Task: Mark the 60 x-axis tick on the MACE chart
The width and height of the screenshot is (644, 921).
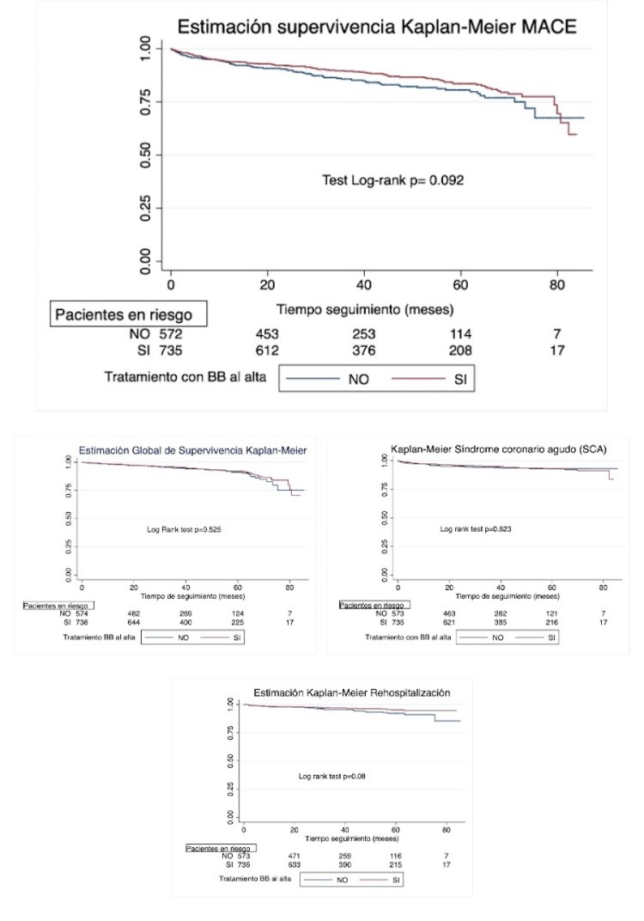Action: [460, 284]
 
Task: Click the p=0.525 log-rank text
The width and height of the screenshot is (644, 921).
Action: [185, 530]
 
